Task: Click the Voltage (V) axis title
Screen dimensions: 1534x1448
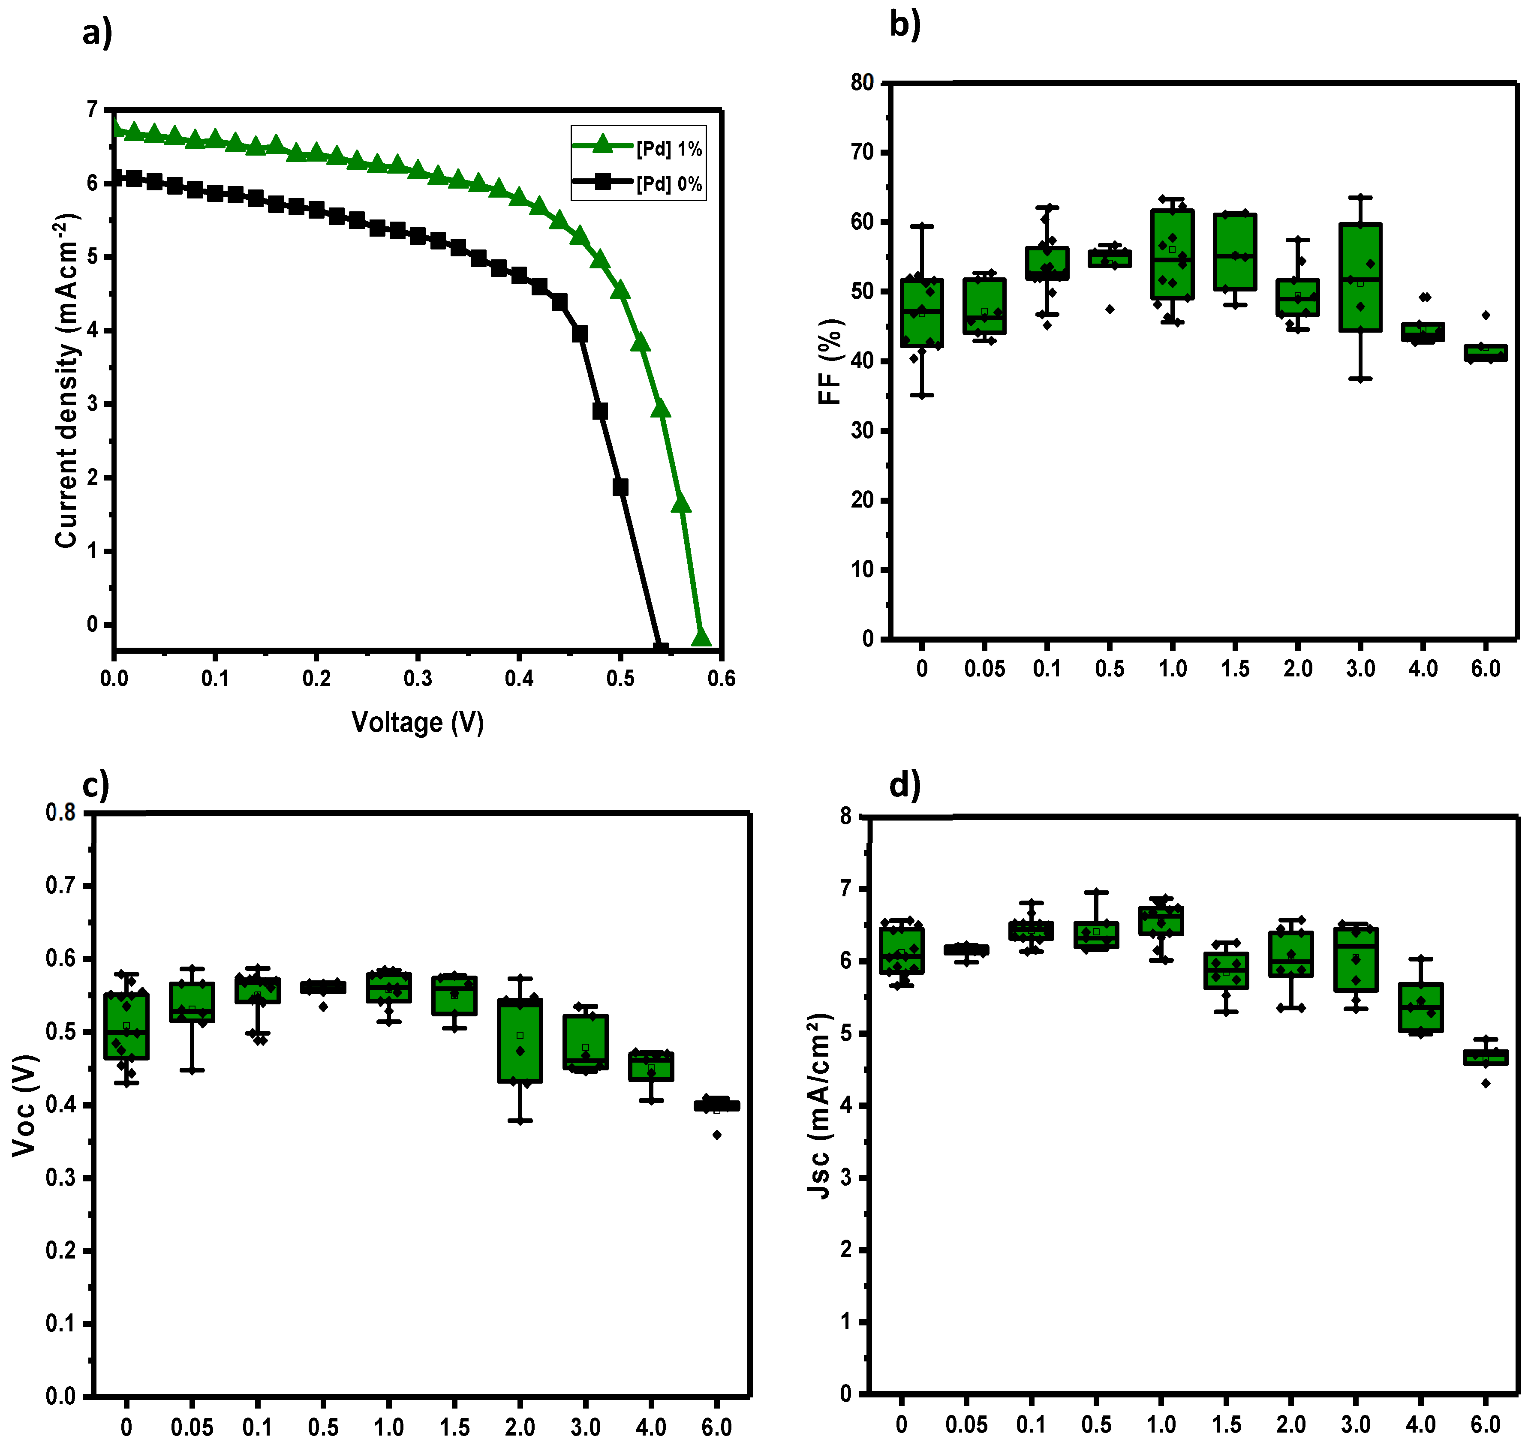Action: (418, 722)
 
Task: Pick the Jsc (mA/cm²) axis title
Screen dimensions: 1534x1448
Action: (818, 1106)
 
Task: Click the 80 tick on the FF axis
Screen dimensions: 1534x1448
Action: (862, 83)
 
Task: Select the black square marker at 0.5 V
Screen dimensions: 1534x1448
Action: (620, 487)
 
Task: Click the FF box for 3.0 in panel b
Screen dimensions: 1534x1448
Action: (1360, 278)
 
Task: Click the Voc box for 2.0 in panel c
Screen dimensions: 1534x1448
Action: (520, 1040)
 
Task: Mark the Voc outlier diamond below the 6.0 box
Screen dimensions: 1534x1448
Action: (717, 1135)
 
